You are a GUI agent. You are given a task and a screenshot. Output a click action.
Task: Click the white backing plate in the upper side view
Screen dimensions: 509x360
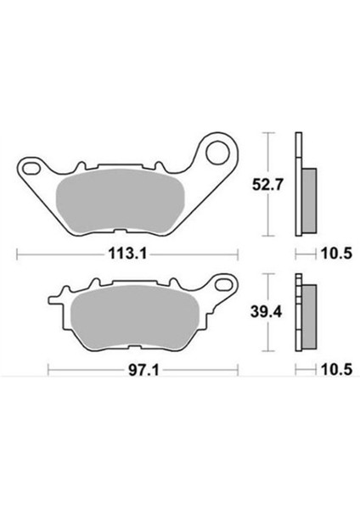pyautogui.click(x=297, y=153)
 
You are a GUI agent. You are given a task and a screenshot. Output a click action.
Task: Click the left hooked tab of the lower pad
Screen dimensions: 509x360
pyautogui.click(x=59, y=301)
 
